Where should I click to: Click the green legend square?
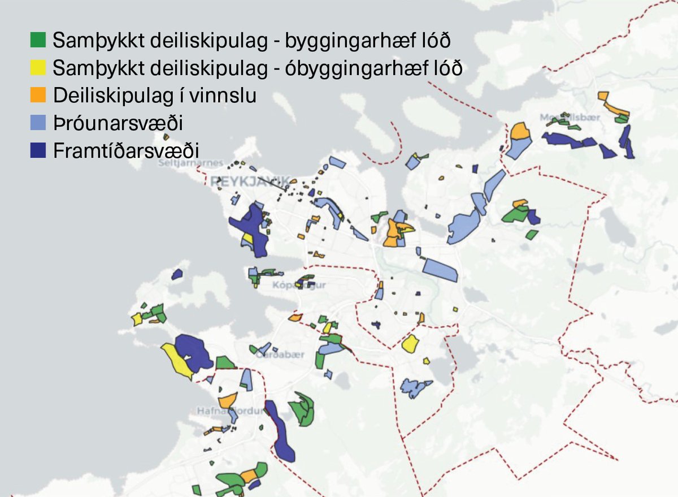38,41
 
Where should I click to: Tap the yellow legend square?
38,68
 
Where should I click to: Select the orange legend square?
38,96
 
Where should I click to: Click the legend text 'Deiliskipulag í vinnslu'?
155,96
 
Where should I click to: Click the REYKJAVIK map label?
249,181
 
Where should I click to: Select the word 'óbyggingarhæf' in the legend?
372,68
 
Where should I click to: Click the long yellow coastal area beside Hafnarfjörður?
177,360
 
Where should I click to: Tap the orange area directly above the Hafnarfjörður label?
227,401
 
